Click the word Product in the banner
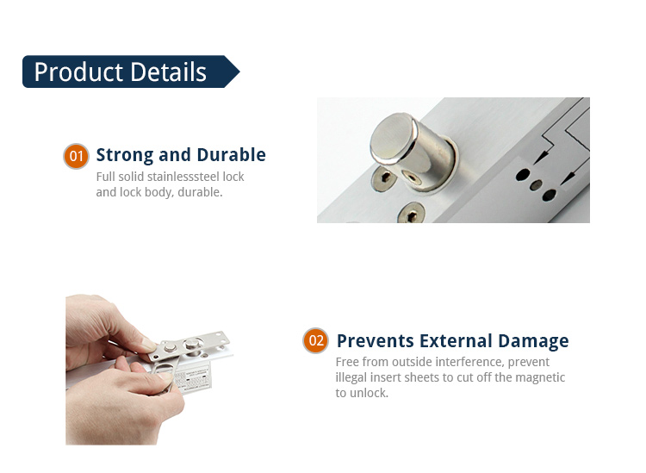click(x=78, y=72)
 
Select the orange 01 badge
click(x=76, y=156)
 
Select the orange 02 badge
click(x=315, y=340)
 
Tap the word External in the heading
click(x=456, y=341)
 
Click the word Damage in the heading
click(x=533, y=342)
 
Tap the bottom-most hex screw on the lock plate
click(x=410, y=213)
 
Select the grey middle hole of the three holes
click(x=536, y=184)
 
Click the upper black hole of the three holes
click(x=523, y=175)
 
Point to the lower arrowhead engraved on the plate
click(x=568, y=178)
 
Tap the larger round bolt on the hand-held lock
click(x=193, y=344)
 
